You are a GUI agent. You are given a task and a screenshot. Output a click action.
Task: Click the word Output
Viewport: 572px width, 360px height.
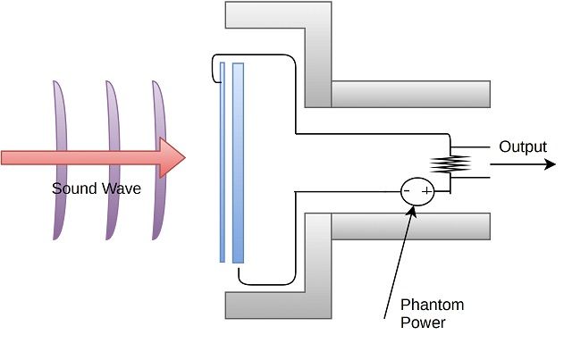(x=523, y=147)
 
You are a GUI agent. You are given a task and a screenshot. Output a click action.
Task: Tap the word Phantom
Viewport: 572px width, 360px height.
(x=432, y=306)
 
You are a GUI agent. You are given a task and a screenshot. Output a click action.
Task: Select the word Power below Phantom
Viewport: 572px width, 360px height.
(x=424, y=322)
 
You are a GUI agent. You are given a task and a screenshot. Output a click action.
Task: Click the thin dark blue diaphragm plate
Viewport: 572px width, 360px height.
(x=222, y=161)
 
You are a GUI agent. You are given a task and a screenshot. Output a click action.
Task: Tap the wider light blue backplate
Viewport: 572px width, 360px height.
(x=238, y=161)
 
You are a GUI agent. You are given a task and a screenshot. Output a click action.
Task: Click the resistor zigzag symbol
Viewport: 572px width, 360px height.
(x=450, y=163)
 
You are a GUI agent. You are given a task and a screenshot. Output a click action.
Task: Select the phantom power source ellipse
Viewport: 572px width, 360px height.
(x=416, y=192)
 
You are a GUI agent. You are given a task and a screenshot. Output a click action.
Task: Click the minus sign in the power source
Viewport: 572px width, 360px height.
(x=407, y=191)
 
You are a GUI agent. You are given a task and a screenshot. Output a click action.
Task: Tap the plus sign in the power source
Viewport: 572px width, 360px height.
(x=426, y=191)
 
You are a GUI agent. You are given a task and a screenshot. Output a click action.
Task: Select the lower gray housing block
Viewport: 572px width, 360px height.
(x=322, y=268)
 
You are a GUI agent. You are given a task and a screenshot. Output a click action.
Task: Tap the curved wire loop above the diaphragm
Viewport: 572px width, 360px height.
(x=218, y=64)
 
